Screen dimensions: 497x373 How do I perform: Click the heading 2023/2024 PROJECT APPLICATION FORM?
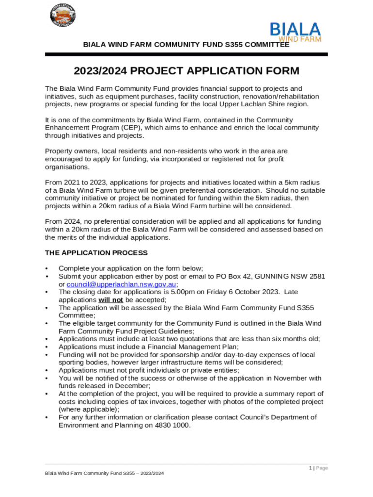[x=186, y=71]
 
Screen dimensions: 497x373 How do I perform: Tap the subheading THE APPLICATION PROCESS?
[x=96, y=253]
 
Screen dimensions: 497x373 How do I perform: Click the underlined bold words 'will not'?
[x=110, y=300]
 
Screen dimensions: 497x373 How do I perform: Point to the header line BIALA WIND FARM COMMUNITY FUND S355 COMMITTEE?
[x=186, y=45]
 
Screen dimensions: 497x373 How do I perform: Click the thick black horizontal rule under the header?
[x=186, y=54]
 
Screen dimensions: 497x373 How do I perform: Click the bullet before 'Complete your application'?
[x=47, y=269]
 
